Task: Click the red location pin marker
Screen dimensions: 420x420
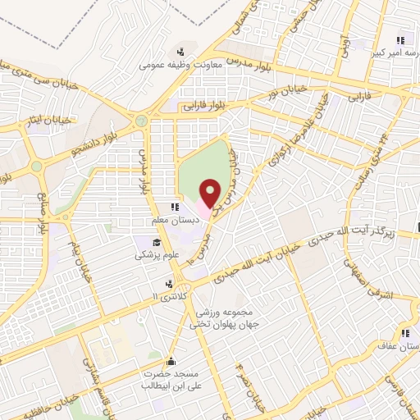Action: [x=211, y=193]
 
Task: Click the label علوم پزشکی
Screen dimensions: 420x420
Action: [x=153, y=255]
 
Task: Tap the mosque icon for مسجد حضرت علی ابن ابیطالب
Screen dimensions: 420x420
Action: [x=171, y=360]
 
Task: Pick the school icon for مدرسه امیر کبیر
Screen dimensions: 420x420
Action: [x=401, y=39]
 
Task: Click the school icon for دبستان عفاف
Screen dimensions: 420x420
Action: [x=405, y=333]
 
